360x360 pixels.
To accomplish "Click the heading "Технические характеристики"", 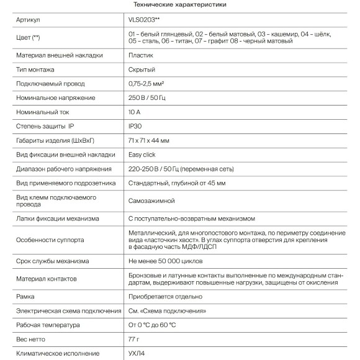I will point(179,5).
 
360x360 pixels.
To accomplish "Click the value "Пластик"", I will point(141,55).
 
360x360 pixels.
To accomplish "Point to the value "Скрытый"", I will point(142,70).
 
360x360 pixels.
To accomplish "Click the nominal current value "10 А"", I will point(135,112).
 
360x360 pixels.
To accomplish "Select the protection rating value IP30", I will point(135,127).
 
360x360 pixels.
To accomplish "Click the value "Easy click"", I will point(143,155).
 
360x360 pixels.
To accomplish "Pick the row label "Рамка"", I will point(26,297).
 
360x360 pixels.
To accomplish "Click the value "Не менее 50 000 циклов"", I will point(166,261).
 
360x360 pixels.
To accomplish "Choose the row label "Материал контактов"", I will point(50,279).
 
